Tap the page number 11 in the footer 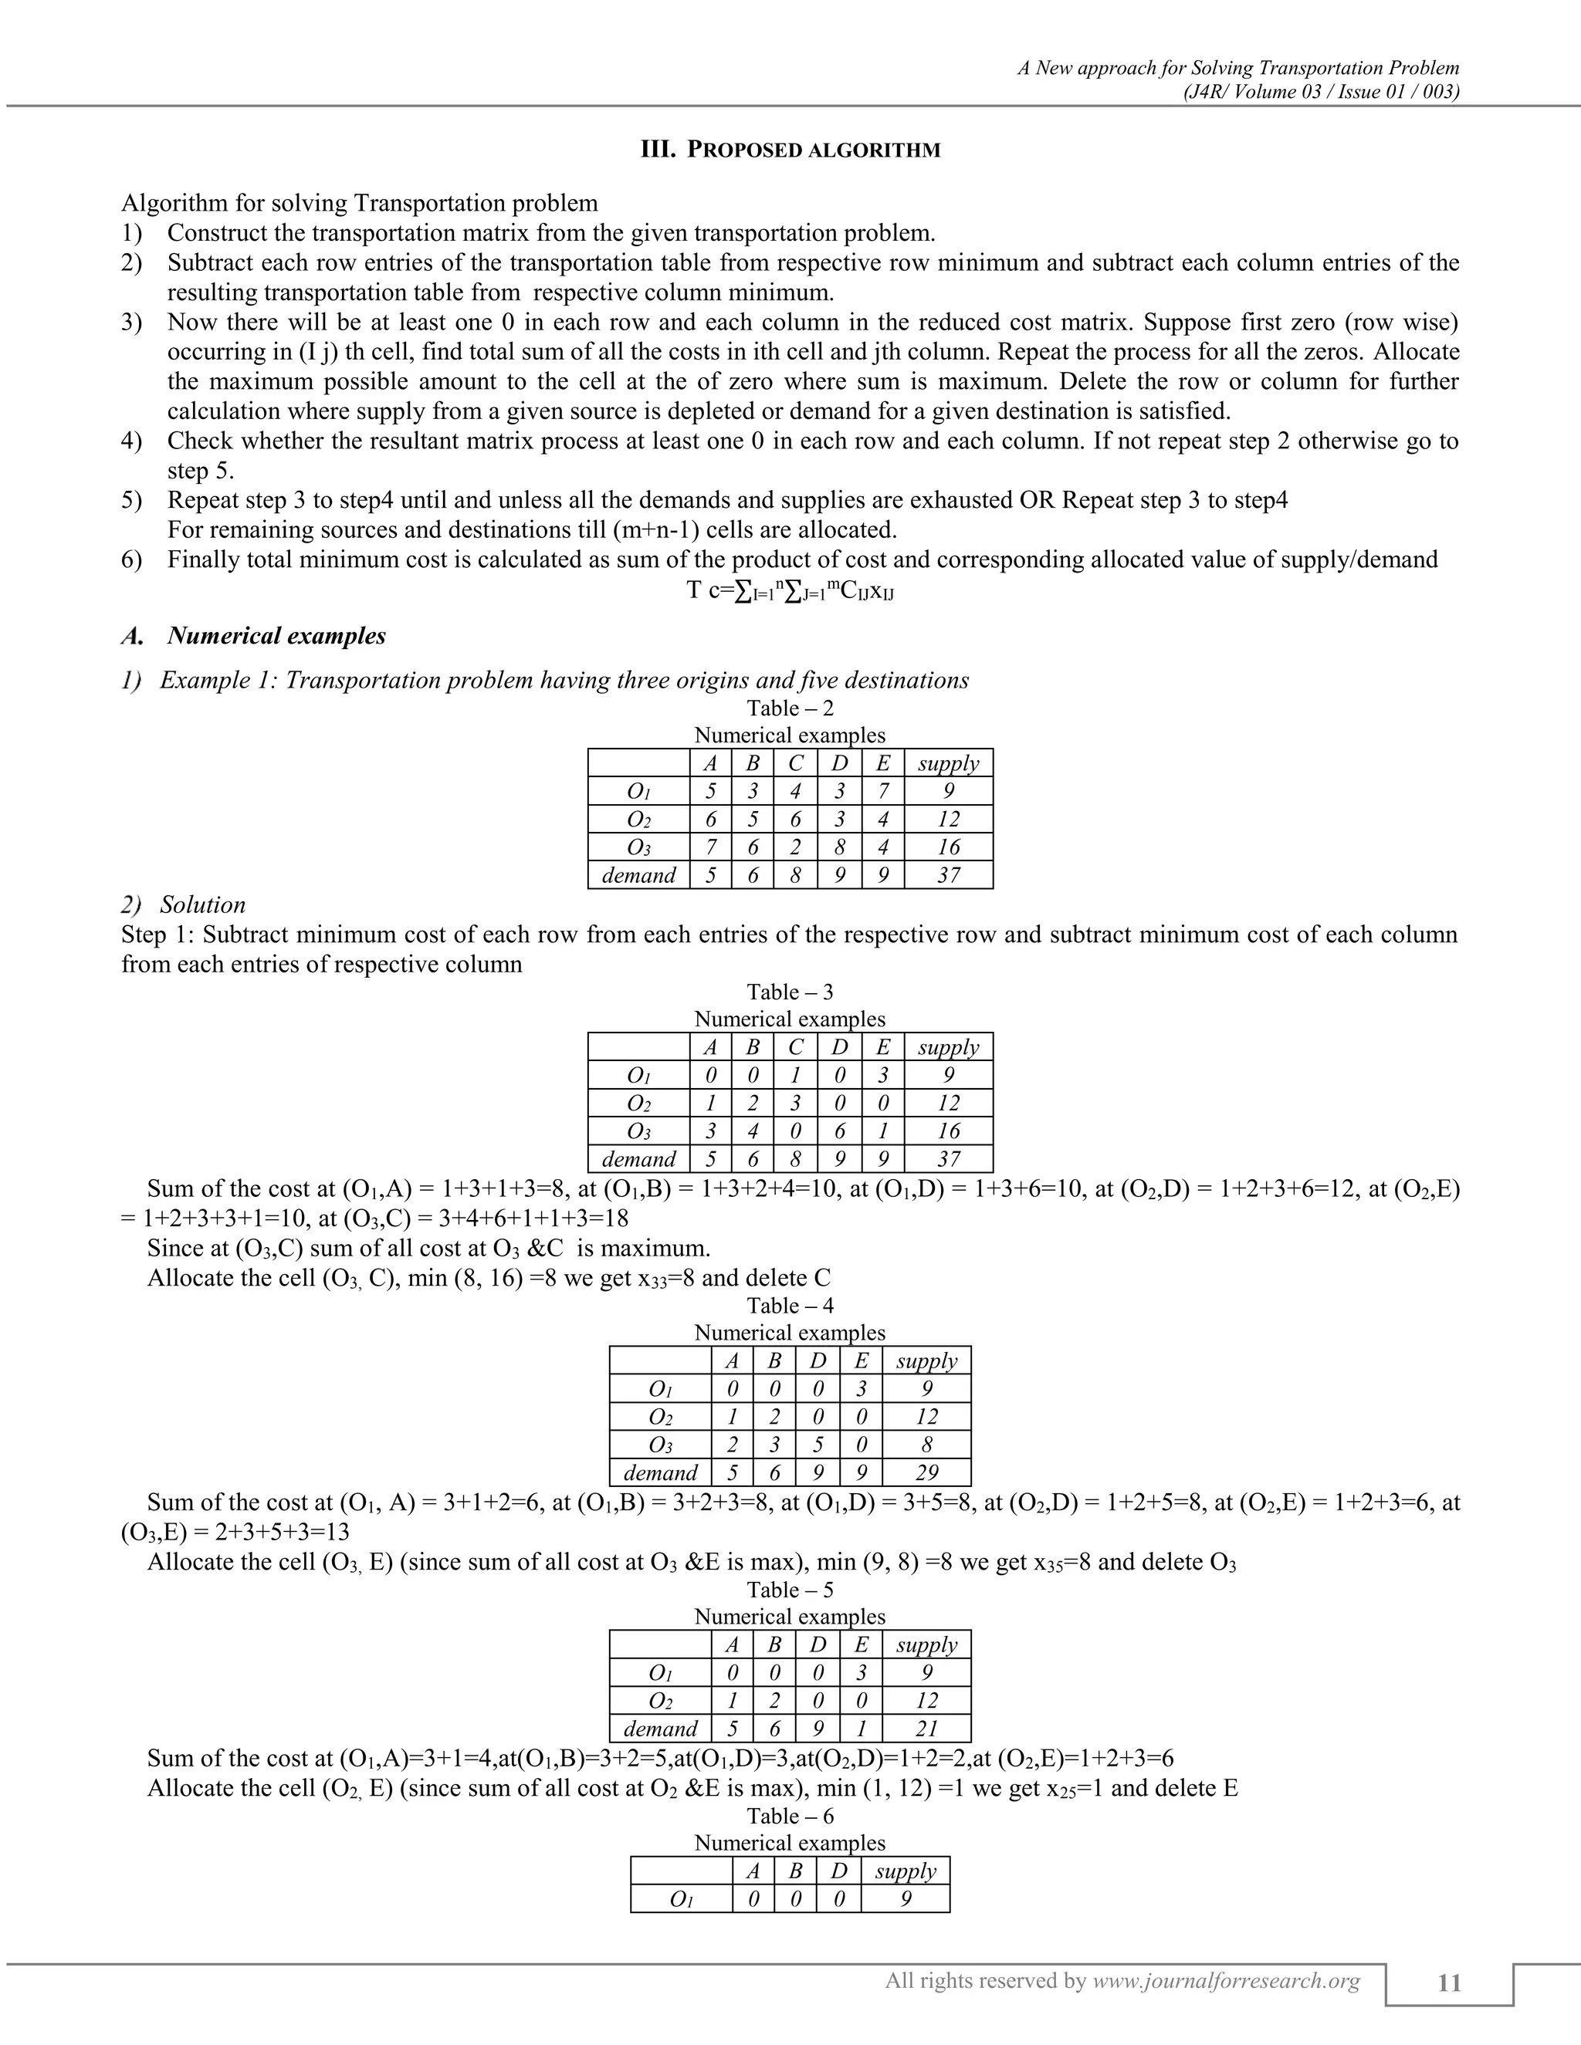coord(1448,1983)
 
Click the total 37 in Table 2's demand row coord(948,876)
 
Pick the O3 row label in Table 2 coord(638,847)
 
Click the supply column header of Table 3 coord(948,1047)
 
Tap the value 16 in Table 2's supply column coord(948,847)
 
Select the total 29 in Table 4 coord(926,1473)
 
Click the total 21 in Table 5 coord(926,1729)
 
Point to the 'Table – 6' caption coord(790,1816)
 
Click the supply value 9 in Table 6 coord(905,1899)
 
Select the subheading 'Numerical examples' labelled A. coord(276,636)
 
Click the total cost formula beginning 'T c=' coord(790,591)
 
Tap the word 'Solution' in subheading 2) coord(202,904)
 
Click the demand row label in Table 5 coord(660,1729)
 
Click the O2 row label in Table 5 coord(660,1700)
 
